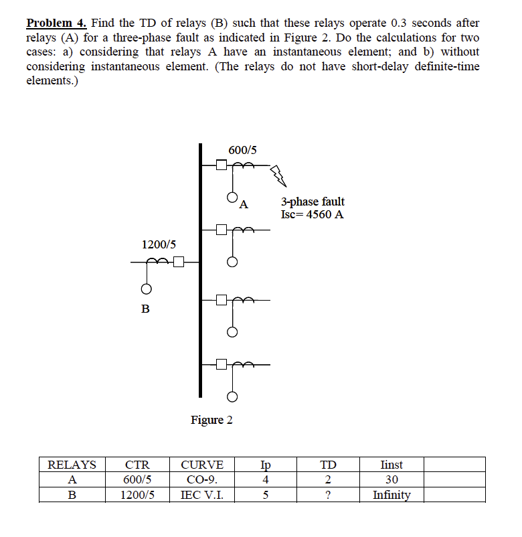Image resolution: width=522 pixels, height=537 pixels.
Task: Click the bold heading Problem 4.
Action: pos(56,23)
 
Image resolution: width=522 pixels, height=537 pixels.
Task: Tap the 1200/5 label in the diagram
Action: pos(159,245)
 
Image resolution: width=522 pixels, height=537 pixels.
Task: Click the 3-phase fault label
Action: pos(313,202)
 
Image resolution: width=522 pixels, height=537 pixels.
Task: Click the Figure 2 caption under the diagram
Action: pos(211,420)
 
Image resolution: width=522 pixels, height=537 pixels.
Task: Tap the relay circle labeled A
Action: pos(232,198)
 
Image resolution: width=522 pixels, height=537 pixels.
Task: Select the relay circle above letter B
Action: pos(144,289)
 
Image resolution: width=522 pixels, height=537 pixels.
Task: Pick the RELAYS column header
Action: pos(72,465)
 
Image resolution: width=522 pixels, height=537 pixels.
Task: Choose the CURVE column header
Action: pos(202,465)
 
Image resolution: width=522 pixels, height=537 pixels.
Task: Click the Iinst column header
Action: pos(391,465)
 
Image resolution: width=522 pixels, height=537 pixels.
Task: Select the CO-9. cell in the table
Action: pos(202,479)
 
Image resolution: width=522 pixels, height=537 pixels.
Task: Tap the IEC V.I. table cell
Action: pos(202,495)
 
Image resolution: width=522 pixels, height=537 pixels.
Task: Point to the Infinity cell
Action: pos(391,495)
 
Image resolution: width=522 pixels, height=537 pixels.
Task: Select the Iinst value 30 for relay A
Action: pos(391,479)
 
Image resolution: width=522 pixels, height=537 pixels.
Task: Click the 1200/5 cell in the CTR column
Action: pos(137,495)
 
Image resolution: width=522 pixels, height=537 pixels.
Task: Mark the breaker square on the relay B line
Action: pos(178,262)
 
